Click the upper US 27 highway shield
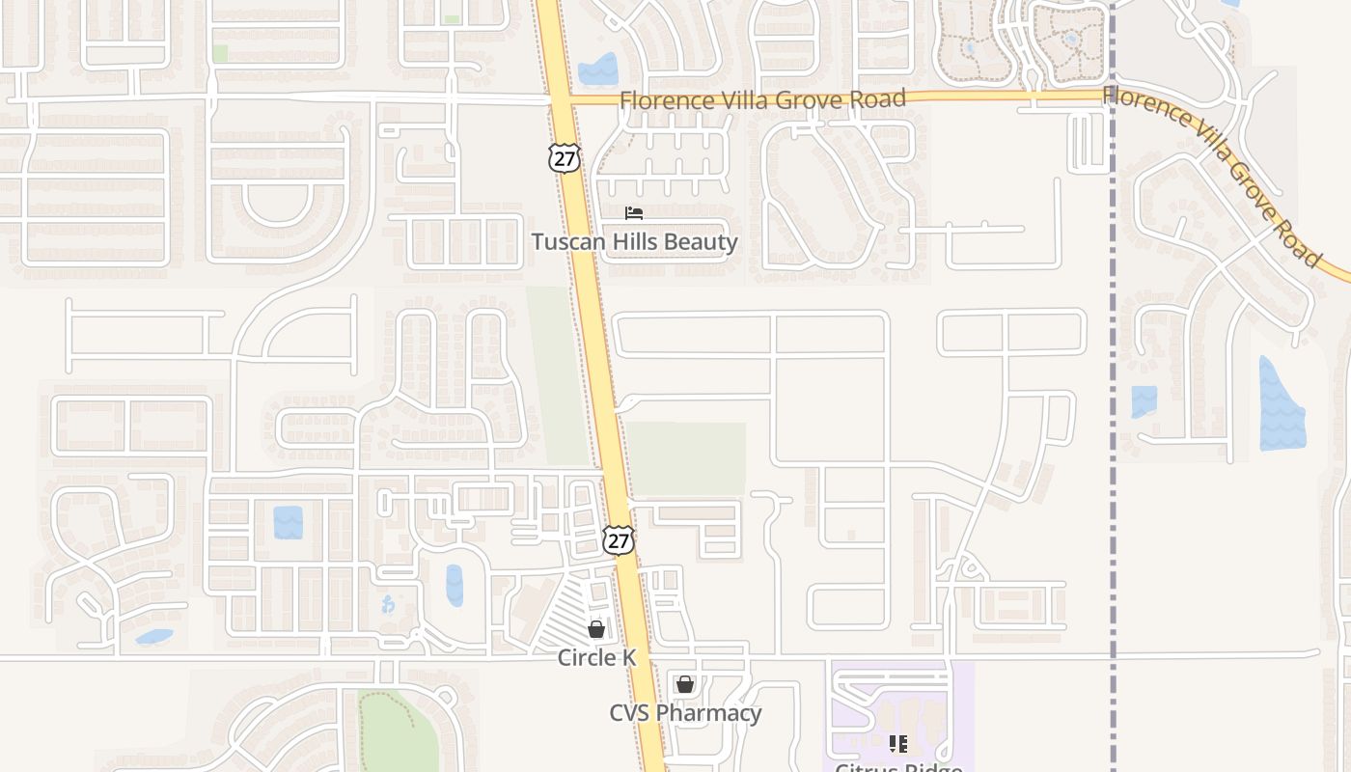[x=565, y=158]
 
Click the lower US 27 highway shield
[x=619, y=539]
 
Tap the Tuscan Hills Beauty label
[x=634, y=241]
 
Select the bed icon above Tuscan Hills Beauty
[x=633, y=212]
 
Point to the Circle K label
[x=596, y=657]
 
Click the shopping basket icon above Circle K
[x=596, y=629]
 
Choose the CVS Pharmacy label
[x=685, y=713]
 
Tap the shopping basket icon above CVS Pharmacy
[x=685, y=684]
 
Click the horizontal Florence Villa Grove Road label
[x=762, y=98]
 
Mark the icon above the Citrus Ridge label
[x=898, y=743]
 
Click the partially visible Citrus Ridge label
[x=898, y=768]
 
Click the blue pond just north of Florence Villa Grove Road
[x=597, y=69]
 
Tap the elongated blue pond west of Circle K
[x=454, y=585]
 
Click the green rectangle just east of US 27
[x=686, y=459]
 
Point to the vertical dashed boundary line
[x=1113, y=386]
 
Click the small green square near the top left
[x=220, y=53]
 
